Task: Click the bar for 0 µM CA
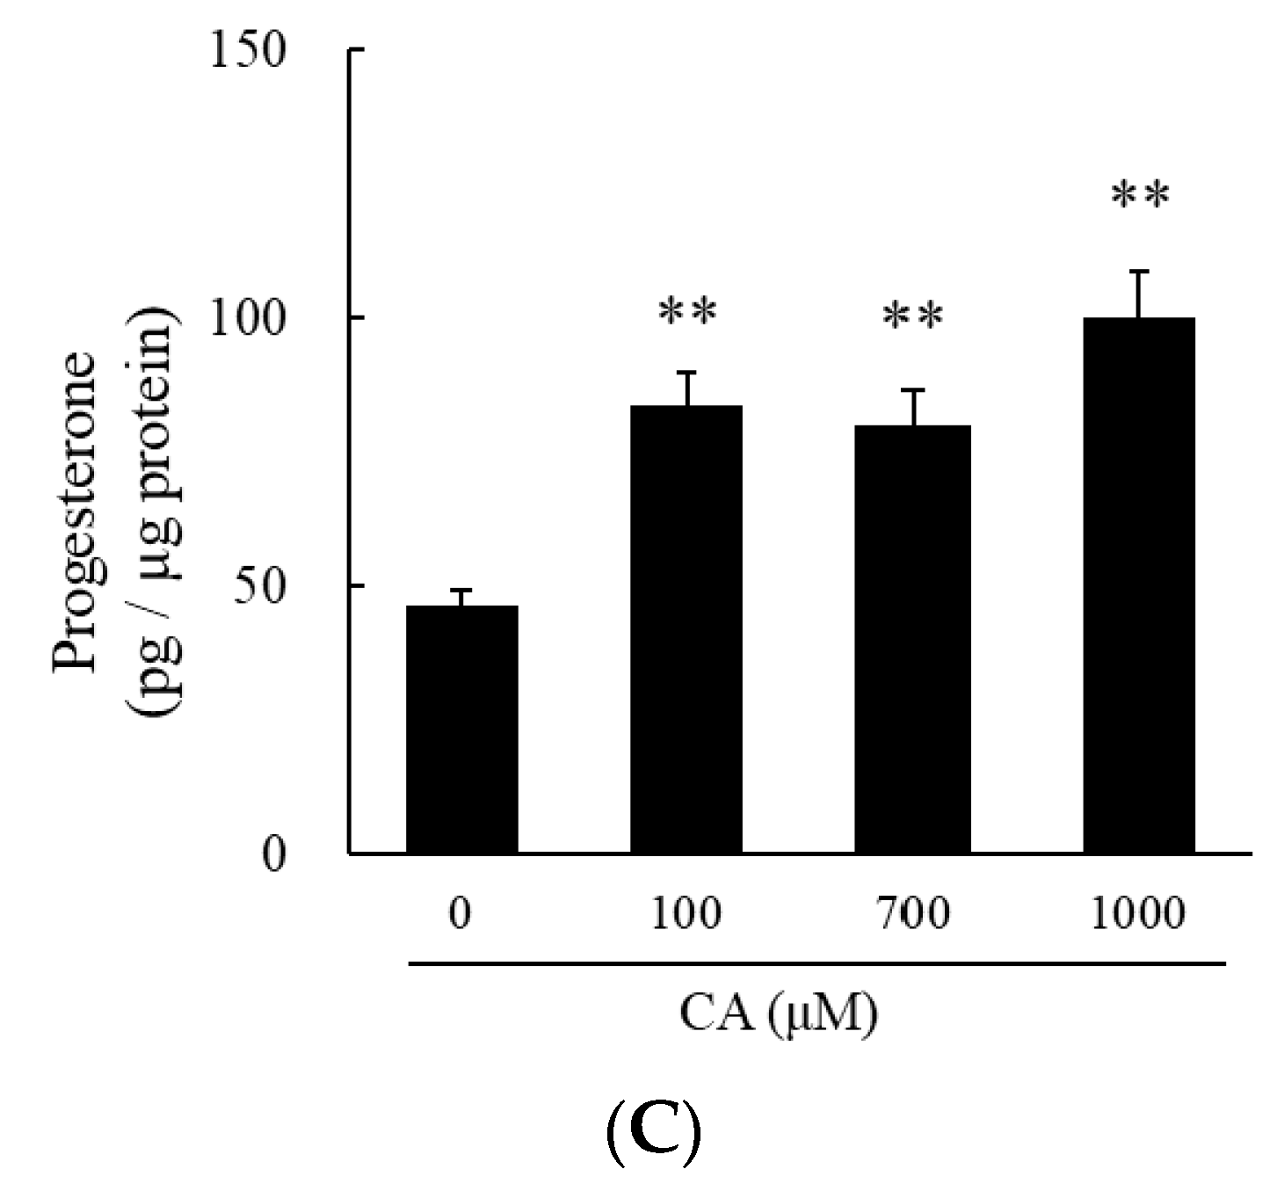pos(461,729)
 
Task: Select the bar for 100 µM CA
pos(686,628)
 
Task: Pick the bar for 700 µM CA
pos(912,638)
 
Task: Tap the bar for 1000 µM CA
pos(1138,585)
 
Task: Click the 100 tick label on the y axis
pos(249,319)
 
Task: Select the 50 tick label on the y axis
pos(262,586)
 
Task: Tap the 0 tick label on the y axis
pos(274,854)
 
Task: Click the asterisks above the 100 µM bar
pos(687,312)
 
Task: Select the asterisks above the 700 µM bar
pos(912,316)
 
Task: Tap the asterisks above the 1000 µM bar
pos(1140,196)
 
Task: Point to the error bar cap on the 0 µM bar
pos(461,590)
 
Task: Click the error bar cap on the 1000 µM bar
pos(1139,272)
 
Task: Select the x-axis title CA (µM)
pos(779,1016)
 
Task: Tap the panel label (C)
pos(653,1136)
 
